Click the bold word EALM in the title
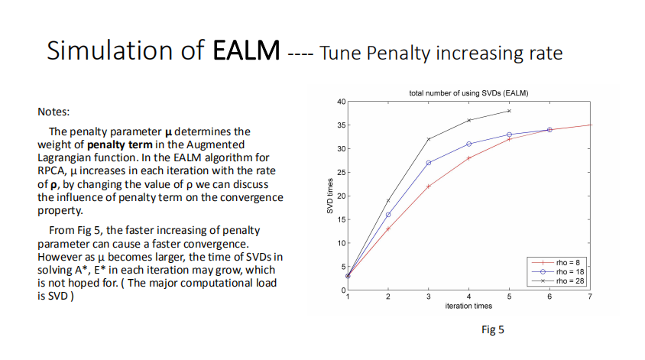pyautogui.click(x=246, y=50)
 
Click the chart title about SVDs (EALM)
pyautogui.click(x=468, y=93)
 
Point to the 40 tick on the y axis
pyautogui.click(x=342, y=102)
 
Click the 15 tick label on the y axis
pyautogui.click(x=342, y=219)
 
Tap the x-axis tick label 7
pyautogui.click(x=590, y=297)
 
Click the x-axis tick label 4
pyautogui.click(x=468, y=297)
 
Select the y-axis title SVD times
pyautogui.click(x=329, y=196)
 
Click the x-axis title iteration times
pyautogui.click(x=468, y=306)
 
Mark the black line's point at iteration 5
pyautogui.click(x=509, y=111)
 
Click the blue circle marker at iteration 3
pyautogui.click(x=428, y=163)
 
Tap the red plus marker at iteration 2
pyautogui.click(x=388, y=229)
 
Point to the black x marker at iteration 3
pyautogui.click(x=428, y=139)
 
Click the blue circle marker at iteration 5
pyautogui.click(x=509, y=135)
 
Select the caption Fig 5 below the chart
pyautogui.click(x=493, y=329)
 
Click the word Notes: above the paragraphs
pyautogui.click(x=53, y=112)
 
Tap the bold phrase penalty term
pyautogui.click(x=120, y=144)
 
